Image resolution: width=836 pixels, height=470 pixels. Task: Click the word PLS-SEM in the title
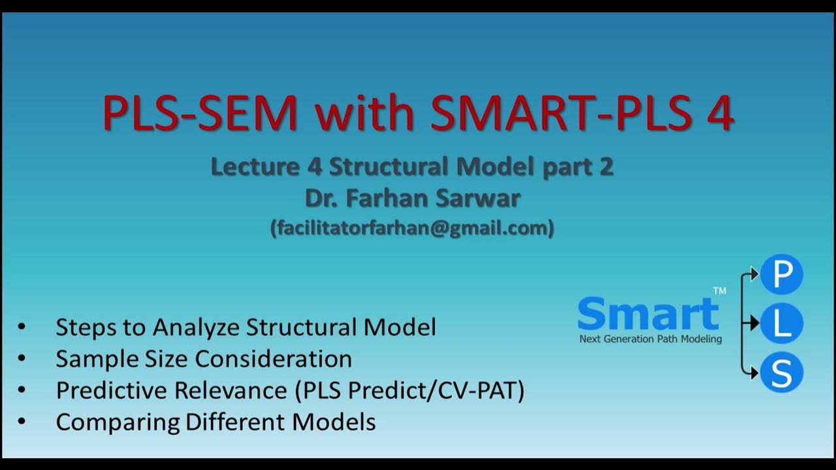point(200,113)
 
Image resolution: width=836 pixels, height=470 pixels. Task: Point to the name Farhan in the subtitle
point(396,198)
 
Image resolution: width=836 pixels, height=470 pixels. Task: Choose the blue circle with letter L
point(781,323)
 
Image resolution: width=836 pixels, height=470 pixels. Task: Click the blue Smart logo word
point(648,314)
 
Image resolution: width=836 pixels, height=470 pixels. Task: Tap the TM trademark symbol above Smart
point(719,291)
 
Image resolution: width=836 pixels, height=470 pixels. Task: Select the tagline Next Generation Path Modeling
point(651,339)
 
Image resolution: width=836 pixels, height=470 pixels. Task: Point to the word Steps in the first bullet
point(80,327)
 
